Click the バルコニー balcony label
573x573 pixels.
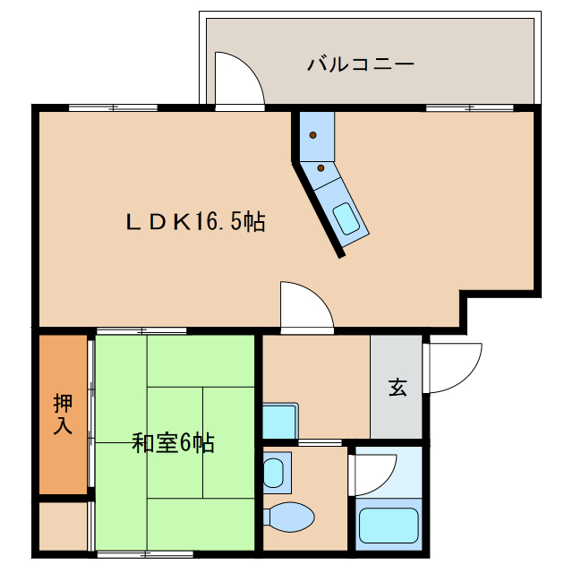[x=360, y=64]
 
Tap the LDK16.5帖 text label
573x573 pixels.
[x=194, y=222]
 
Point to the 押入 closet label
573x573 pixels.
[x=62, y=413]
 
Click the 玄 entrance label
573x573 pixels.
[x=397, y=388]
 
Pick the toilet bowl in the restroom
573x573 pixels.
[x=290, y=517]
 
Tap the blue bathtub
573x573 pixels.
[x=388, y=528]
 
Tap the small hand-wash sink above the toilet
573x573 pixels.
[x=277, y=473]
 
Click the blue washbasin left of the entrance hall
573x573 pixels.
[x=279, y=421]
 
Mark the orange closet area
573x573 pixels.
[x=63, y=413]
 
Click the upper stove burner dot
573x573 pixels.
[x=313, y=135]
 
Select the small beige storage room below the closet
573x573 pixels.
[x=63, y=526]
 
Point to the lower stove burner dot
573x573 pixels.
[x=321, y=167]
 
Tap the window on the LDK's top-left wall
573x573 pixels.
[x=113, y=107]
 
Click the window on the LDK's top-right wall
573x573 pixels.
[x=469, y=107]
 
